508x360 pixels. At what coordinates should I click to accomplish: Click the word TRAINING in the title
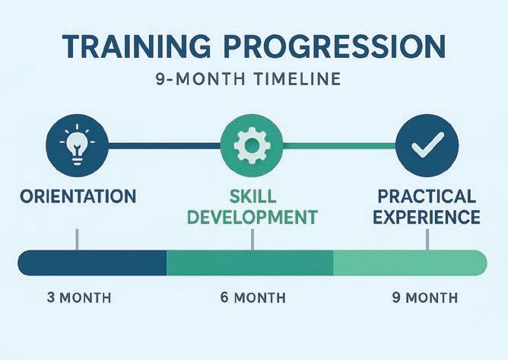coord(136,46)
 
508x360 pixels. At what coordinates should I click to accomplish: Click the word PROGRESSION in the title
coord(335,46)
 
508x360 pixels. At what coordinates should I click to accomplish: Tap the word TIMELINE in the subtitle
coord(297,79)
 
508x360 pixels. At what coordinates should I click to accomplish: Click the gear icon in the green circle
coord(251,145)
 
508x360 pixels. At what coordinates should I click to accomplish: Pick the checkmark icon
coord(427,145)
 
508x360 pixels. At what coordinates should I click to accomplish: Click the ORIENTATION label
coord(78,196)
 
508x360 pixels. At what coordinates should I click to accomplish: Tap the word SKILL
coord(252,196)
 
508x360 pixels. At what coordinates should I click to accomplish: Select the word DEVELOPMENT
coord(252,217)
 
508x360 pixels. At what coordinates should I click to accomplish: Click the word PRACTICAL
coord(427,196)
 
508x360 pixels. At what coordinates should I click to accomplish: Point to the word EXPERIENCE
coord(427,217)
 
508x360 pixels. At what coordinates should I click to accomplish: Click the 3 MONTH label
coord(79,298)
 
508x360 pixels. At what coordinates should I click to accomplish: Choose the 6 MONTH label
coord(253,298)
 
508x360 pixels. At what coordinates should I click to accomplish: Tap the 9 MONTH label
coord(425,298)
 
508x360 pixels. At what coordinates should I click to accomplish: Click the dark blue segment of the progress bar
coord(92,263)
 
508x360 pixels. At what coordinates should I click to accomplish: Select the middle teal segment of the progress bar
coord(249,263)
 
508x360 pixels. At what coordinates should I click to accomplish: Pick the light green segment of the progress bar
coord(410,263)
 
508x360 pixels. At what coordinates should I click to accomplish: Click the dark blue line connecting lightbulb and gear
coord(164,145)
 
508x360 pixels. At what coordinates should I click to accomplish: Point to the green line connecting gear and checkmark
coord(339,145)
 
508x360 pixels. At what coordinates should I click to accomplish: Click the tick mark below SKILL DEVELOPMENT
coord(252,240)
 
